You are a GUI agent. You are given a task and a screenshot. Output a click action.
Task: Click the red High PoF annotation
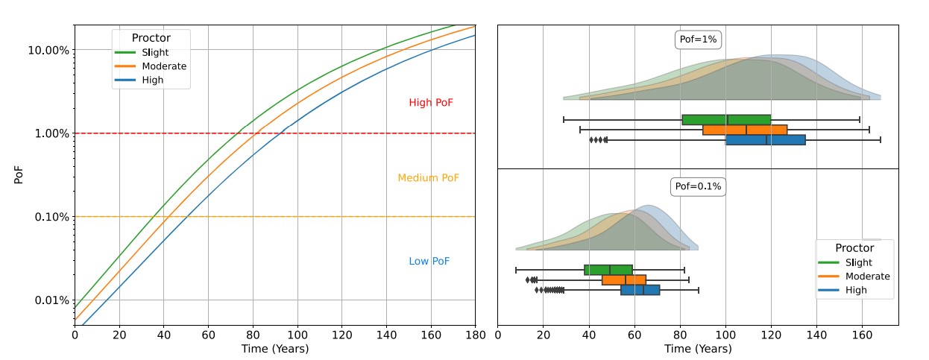point(430,103)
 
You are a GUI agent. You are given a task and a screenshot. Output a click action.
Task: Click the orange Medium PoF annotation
point(428,178)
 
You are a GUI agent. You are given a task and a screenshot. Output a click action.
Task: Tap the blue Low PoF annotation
point(429,262)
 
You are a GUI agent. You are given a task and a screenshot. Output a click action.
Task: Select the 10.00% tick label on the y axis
point(48,50)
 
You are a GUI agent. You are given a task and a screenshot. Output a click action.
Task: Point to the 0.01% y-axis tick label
point(50,300)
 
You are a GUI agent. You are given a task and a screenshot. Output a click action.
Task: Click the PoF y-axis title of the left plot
point(19,175)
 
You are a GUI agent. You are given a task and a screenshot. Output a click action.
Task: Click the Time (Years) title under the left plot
point(274,349)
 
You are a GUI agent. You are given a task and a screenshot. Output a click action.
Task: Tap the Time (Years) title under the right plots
point(698,349)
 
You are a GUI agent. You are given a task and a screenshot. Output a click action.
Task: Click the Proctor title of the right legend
point(854,248)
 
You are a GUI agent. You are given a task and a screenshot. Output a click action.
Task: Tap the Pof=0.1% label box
point(698,186)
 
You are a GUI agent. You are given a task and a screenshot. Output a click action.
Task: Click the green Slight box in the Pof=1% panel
point(726,120)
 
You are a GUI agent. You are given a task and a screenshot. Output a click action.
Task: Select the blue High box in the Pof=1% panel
point(766,139)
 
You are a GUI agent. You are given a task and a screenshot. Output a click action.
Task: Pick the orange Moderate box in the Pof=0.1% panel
point(624,280)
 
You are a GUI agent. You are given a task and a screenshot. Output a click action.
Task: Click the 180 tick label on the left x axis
point(475,335)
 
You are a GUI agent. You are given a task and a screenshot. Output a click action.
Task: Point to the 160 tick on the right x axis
point(863,335)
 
